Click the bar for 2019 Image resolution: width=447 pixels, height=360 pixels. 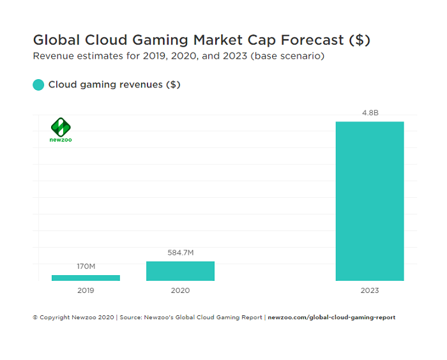click(86, 278)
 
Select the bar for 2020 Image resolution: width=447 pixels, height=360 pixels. click(180, 271)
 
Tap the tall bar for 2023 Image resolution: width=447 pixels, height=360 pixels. click(370, 201)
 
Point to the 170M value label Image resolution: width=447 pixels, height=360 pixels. click(86, 266)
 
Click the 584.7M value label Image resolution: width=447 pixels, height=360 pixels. click(180, 253)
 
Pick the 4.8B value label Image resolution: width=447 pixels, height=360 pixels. click(370, 113)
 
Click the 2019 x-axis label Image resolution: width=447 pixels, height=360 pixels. click(86, 290)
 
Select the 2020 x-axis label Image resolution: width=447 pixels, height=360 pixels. click(180, 290)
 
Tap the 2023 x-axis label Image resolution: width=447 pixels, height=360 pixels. click(370, 290)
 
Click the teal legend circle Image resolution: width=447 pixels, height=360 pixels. click(38, 84)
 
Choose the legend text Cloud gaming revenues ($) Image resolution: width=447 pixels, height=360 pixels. click(114, 84)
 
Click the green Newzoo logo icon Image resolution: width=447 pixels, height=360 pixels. click(61, 126)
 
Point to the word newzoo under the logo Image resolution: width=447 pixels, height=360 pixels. click(61, 139)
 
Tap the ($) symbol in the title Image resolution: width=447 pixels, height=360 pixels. click(360, 40)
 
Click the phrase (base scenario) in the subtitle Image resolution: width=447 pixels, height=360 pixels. click(288, 56)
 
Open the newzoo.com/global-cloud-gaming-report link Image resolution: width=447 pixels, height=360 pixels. click(331, 317)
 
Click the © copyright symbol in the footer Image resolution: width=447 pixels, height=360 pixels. click(35, 317)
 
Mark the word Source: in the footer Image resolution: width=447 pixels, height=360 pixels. click(132, 317)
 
